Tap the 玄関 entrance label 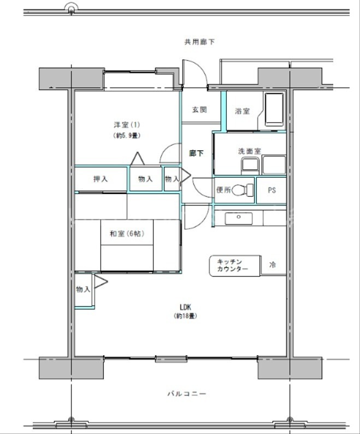(x=199, y=109)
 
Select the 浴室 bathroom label (x=242, y=111)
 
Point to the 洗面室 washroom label (x=249, y=151)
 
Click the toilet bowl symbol (x=240, y=190)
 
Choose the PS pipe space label (x=272, y=190)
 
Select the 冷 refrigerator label (x=273, y=265)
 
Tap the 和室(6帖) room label (x=126, y=233)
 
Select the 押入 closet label (x=101, y=179)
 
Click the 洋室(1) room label (x=125, y=124)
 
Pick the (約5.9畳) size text (x=125, y=135)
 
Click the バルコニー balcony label (x=187, y=394)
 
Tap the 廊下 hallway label (x=197, y=154)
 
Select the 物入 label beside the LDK (x=83, y=289)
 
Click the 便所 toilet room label (x=223, y=190)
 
